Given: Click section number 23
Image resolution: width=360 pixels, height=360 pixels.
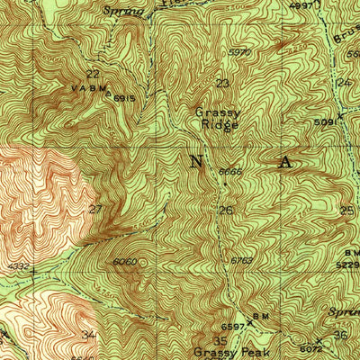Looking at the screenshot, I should click(x=222, y=84).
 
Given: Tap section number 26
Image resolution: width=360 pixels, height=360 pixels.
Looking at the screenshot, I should click(x=226, y=211).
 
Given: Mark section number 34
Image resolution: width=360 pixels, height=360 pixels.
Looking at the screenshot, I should click(x=88, y=335).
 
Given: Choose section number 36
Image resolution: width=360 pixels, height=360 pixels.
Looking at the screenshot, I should click(x=340, y=335).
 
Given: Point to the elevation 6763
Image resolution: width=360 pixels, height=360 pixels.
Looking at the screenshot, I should click(x=240, y=260).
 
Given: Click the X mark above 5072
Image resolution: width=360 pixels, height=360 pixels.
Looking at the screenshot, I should click(x=316, y=336).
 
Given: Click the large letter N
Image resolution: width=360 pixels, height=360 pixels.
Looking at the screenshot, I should click(x=197, y=161).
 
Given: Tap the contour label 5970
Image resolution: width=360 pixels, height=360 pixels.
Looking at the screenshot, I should click(x=238, y=52).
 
